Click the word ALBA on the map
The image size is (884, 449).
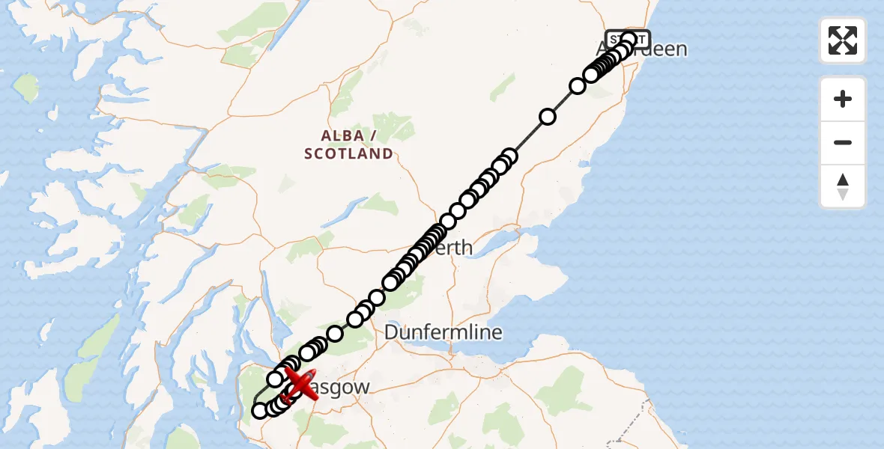342,135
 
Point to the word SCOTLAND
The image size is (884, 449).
349,154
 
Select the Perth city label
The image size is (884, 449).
454,248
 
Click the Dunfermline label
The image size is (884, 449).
443,332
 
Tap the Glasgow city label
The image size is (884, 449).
342,388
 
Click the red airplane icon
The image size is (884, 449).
301,385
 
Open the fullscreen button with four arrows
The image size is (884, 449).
843,40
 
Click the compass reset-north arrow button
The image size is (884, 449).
843,186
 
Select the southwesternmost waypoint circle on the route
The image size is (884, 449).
260,410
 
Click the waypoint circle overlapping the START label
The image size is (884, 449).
629,40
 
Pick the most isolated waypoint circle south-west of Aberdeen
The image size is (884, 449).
548,117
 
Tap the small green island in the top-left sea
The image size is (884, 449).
27,88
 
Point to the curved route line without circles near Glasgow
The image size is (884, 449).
258,394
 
